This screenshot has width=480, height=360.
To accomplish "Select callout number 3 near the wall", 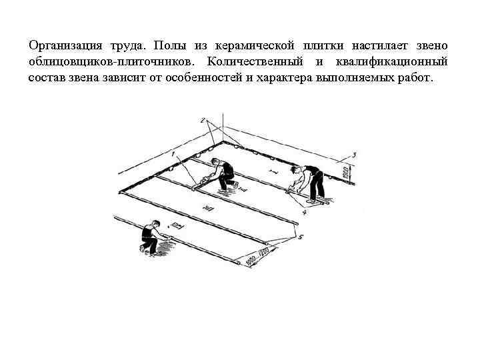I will tap(354, 155).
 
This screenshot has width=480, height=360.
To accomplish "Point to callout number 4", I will tap(304, 213).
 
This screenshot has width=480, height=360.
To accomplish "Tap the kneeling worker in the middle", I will tap(221, 175).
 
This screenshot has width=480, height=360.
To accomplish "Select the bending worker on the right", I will tap(308, 183).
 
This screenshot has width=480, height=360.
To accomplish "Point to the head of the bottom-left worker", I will tap(145, 226).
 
